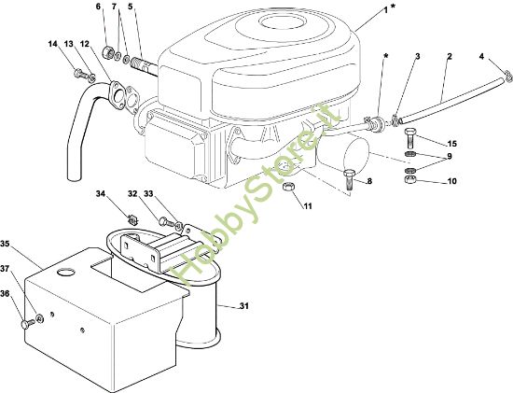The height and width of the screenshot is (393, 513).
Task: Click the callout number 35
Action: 5,244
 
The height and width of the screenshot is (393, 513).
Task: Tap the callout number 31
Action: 244,306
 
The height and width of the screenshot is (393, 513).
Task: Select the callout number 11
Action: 308,206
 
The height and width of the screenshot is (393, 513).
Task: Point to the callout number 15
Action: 452,144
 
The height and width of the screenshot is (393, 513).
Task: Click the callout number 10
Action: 451,181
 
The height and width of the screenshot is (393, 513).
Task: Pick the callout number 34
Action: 101,194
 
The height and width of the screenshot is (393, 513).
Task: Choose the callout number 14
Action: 52,44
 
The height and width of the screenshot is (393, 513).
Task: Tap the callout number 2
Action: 450,56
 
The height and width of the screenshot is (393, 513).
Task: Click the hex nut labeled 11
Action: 287,187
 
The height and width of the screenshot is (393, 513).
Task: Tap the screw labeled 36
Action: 27,324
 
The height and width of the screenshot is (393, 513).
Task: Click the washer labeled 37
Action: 40,317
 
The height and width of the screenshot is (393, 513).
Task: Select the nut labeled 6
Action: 108,51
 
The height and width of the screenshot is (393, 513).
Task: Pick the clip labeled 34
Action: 132,218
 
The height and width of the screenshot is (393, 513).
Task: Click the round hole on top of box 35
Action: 65,273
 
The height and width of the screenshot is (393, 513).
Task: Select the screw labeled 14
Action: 79,74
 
